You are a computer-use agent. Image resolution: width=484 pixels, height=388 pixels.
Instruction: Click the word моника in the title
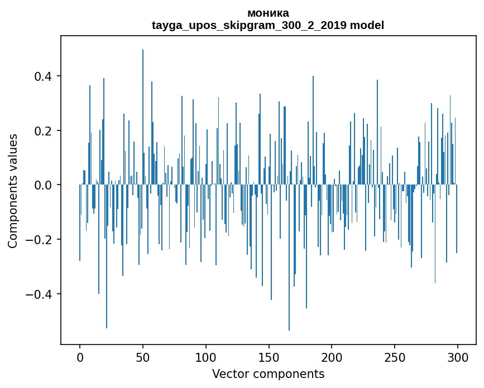(268, 13)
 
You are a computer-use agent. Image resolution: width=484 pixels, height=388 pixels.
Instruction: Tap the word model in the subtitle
(367, 25)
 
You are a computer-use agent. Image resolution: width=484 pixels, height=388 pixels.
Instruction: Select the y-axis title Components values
(13, 191)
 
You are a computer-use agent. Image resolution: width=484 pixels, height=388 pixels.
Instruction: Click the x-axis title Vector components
(268, 374)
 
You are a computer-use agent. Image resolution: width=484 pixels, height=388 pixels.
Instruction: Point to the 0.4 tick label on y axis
(44, 76)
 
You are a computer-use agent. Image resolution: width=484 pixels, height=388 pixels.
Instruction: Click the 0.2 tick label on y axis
(44, 130)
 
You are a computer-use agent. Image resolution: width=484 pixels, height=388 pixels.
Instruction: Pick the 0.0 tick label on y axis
(44, 185)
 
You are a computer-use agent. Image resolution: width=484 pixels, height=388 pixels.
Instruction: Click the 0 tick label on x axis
(80, 357)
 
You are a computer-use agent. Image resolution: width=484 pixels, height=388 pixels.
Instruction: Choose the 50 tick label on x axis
(143, 357)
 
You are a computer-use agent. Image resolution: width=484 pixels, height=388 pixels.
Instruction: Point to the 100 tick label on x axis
(206, 357)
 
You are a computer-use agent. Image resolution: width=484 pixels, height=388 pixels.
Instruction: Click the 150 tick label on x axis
(269, 357)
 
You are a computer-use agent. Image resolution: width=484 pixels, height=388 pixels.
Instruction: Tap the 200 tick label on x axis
(332, 357)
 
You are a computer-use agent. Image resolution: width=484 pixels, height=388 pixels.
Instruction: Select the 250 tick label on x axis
(395, 357)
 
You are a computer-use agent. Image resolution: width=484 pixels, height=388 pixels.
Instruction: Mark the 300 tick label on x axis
(458, 357)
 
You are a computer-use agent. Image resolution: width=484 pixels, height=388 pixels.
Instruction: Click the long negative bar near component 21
(107, 256)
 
